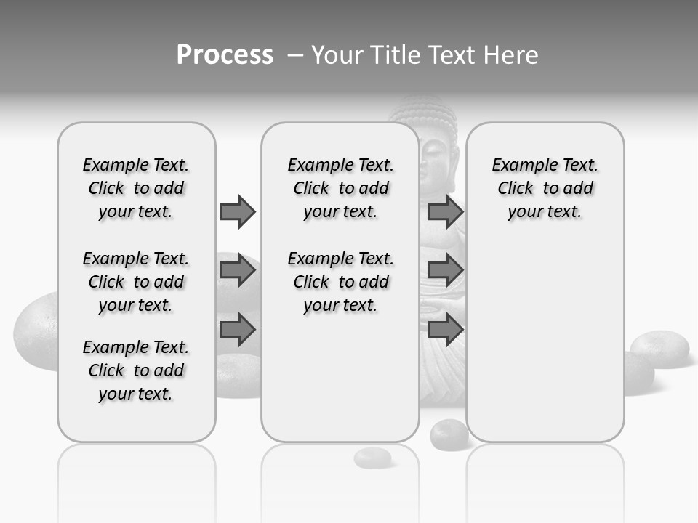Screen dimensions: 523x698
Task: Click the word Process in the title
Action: coord(225,55)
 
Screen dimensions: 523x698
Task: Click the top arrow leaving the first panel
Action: coord(238,211)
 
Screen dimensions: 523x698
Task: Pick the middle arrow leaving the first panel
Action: coord(238,271)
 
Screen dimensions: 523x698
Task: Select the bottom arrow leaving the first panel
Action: coord(238,330)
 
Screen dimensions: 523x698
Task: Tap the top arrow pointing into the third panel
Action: coord(445,211)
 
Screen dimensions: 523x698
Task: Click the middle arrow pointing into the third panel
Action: coord(445,271)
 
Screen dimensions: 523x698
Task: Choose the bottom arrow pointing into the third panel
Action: coord(445,330)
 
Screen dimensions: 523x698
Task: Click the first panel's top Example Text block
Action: coord(136,188)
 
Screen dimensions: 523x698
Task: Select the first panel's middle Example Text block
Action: coord(136,282)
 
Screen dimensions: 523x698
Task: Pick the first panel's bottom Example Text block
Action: coord(136,370)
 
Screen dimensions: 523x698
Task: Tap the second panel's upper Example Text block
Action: coord(340,188)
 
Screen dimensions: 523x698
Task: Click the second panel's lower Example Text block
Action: coord(340,282)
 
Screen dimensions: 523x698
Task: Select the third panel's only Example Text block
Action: coord(545,188)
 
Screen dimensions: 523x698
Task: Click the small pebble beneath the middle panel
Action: coord(372,458)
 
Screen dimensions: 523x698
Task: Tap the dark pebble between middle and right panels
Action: coord(449,434)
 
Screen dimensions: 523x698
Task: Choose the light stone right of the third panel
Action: coord(659,348)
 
